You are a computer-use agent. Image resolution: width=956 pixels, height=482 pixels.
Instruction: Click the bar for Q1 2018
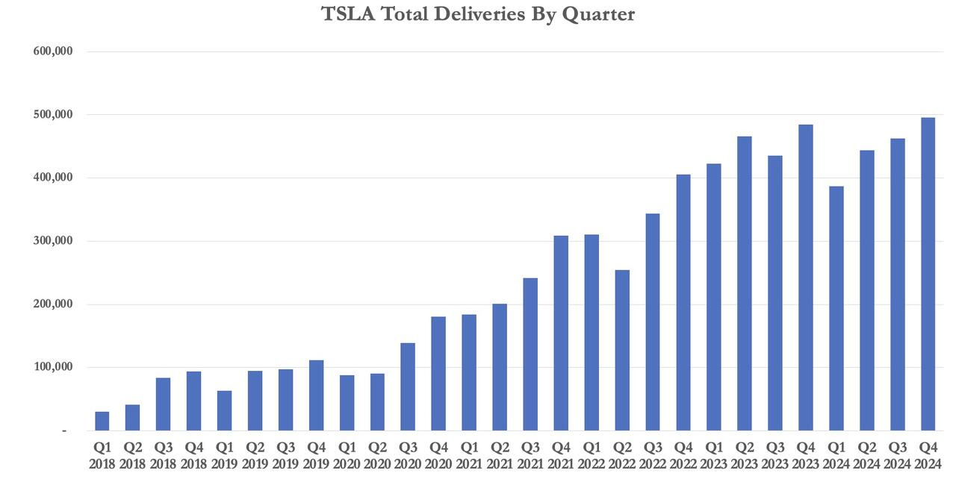pos(102,422)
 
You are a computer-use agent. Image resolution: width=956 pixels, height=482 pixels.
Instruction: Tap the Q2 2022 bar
pos(621,351)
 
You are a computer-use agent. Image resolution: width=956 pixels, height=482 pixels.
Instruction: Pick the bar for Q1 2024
pos(836,309)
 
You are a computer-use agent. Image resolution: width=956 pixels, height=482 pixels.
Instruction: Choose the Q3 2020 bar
pos(408,387)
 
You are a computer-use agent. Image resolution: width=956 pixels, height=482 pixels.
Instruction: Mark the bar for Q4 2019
pos(316,395)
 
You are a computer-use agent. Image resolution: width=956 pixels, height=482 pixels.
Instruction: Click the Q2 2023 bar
pos(744,284)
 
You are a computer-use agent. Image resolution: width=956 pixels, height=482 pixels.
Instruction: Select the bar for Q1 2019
pos(224,411)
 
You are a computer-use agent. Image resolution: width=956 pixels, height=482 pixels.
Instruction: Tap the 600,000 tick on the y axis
pos(53,51)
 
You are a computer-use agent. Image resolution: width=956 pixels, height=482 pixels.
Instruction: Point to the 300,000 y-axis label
pos(53,241)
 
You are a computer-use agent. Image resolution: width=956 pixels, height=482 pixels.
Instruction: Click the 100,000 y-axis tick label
pos(53,367)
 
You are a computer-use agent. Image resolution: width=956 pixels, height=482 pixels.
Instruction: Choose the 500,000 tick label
pos(53,115)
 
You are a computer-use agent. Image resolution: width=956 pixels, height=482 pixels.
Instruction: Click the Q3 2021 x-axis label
pos(530,455)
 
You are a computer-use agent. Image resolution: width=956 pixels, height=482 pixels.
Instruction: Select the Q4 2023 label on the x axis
pos(805,455)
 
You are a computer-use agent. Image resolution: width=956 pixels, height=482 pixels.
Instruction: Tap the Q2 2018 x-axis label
pos(132,455)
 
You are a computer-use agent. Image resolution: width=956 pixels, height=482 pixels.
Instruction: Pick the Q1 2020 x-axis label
pos(347,455)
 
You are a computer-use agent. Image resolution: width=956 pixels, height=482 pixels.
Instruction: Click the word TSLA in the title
pos(348,14)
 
